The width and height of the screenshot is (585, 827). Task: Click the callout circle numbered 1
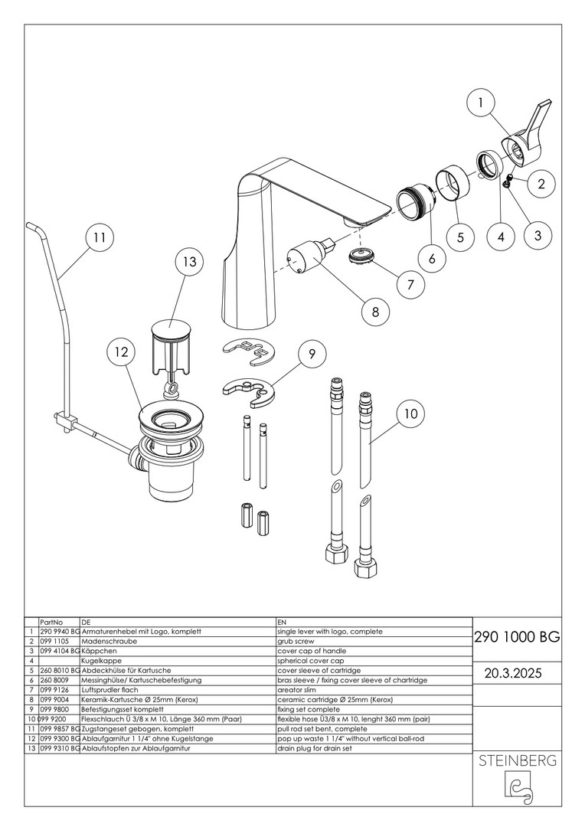point(481,103)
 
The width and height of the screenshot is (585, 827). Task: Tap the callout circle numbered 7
point(411,285)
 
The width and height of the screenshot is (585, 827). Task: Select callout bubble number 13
point(189,262)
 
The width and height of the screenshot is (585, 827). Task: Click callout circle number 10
point(410,414)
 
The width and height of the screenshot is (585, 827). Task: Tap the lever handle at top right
point(525,138)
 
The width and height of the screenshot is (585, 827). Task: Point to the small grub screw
point(509,179)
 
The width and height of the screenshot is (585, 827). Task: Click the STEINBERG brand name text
point(517,760)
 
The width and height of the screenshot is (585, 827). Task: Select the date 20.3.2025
point(513,674)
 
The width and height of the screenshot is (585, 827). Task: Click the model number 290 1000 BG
point(517,637)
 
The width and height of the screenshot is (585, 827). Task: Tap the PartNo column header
point(51,623)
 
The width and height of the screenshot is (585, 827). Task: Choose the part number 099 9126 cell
point(52,690)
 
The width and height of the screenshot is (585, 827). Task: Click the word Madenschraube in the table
point(109,642)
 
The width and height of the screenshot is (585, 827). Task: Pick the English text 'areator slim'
point(296,690)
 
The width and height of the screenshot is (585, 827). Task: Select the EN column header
point(282,623)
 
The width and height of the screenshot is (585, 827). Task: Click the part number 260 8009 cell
point(53,681)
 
